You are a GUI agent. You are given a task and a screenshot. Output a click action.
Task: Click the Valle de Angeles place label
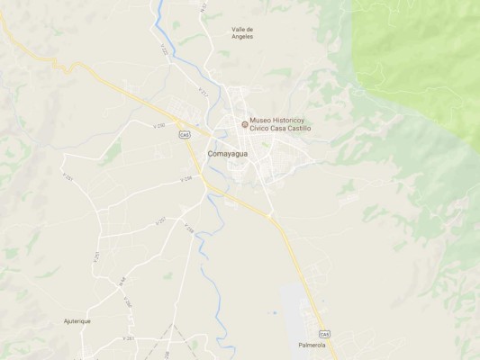(242, 32)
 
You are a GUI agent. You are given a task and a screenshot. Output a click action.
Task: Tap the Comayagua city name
(229, 154)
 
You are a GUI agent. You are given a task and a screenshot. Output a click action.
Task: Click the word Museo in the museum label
(260, 121)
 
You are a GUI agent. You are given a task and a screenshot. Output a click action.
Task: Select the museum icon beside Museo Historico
(244, 124)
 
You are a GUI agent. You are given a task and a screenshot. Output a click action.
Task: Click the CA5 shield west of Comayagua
(185, 135)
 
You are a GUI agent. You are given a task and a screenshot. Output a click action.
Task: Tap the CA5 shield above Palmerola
(324, 334)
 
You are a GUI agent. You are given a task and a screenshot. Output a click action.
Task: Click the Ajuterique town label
(77, 321)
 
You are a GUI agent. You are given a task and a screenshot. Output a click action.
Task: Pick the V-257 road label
(160, 220)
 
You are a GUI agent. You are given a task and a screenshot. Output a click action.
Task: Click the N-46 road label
(122, 283)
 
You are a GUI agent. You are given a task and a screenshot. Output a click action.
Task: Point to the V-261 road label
(129, 338)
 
